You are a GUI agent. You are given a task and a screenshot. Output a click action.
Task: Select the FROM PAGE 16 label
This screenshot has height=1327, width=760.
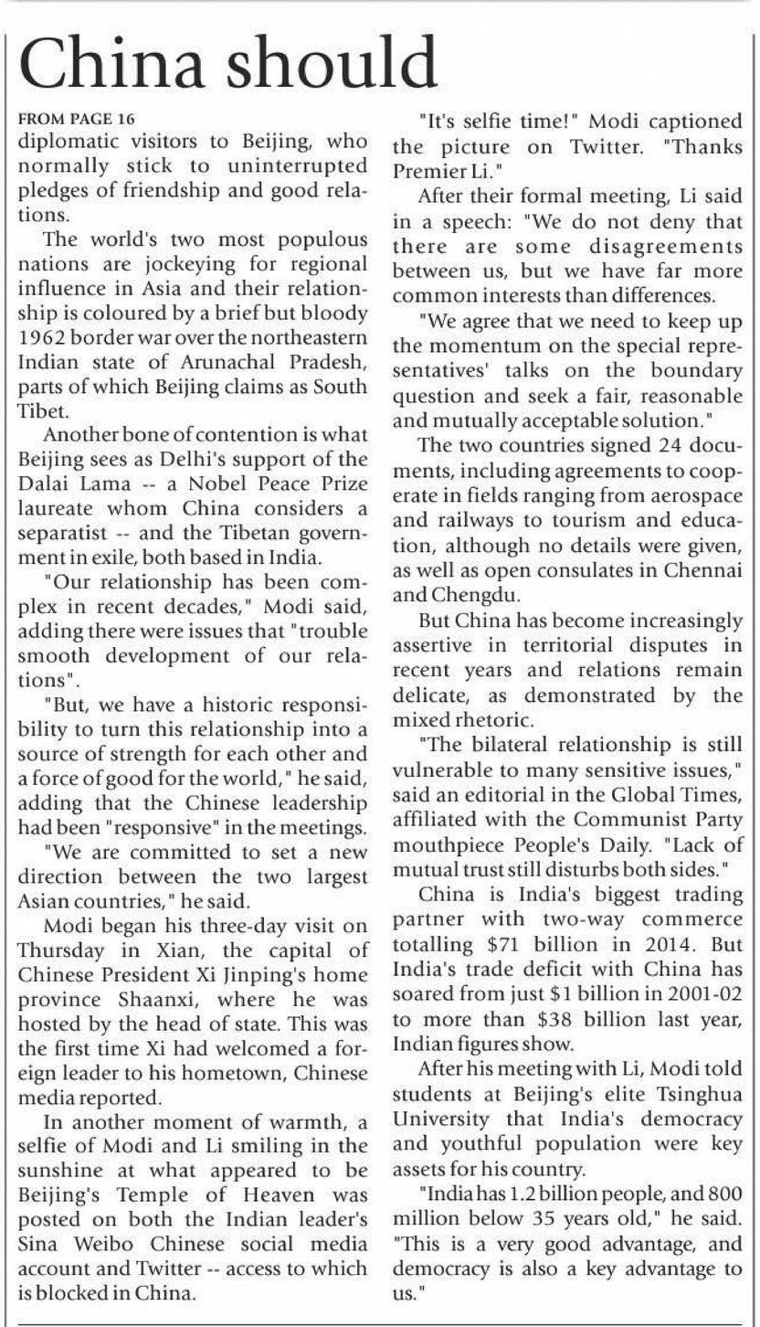coord(77,120)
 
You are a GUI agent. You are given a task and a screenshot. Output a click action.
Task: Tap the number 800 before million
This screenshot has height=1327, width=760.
coord(740,1193)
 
